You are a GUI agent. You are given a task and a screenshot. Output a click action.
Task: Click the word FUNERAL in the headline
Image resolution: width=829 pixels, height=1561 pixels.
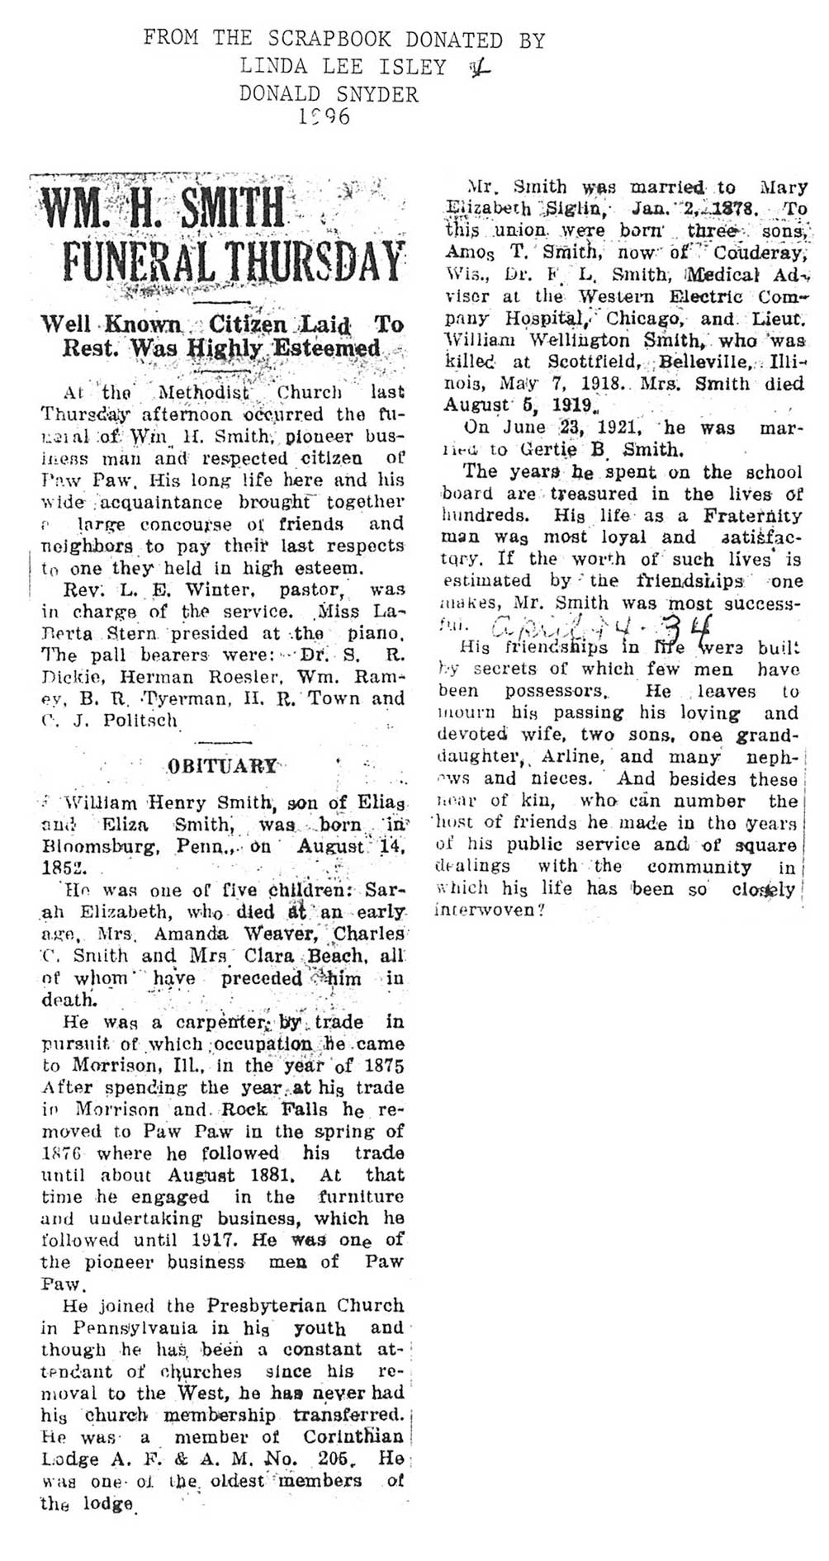(x=146, y=263)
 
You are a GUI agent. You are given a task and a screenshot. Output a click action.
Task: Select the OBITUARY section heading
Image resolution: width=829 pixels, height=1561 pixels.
(x=222, y=765)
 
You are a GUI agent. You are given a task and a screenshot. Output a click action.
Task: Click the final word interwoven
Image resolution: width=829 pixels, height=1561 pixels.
(x=486, y=911)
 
